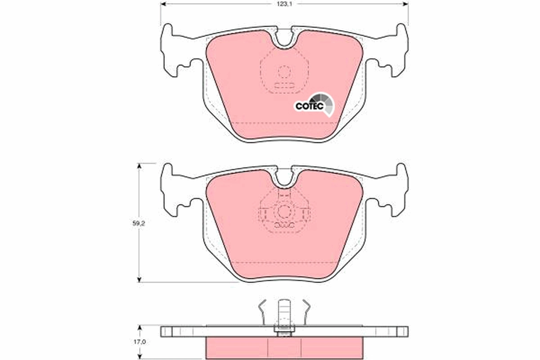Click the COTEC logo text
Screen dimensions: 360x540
click(309, 106)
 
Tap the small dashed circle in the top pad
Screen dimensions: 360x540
click(284, 72)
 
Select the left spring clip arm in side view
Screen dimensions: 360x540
click(263, 310)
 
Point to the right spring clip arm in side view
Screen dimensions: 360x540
click(306, 310)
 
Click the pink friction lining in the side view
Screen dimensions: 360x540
click(284, 347)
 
